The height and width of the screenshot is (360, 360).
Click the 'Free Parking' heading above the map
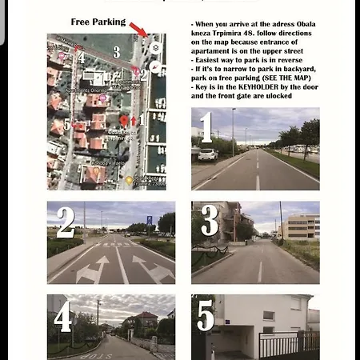pyautogui.click(x=98, y=22)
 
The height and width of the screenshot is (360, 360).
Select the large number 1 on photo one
pyautogui.click(x=206, y=127)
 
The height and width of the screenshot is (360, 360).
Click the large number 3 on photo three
pyautogui.click(x=209, y=221)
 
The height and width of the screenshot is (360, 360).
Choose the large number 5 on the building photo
pyautogui.click(x=206, y=316)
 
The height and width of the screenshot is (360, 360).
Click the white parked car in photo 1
pyautogui.click(x=207, y=154)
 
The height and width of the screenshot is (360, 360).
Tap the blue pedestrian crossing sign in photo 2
pyautogui.click(x=149, y=220)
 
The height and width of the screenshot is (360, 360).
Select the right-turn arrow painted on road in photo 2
pyautogui.click(x=153, y=270)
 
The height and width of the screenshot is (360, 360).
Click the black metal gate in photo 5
pyautogui.click(x=288, y=345)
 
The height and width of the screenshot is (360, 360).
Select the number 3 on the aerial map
pyautogui.click(x=116, y=52)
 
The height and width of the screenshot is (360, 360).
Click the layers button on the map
pyautogui.click(x=155, y=48)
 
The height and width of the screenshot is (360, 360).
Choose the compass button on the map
pyautogui.click(x=155, y=67)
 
